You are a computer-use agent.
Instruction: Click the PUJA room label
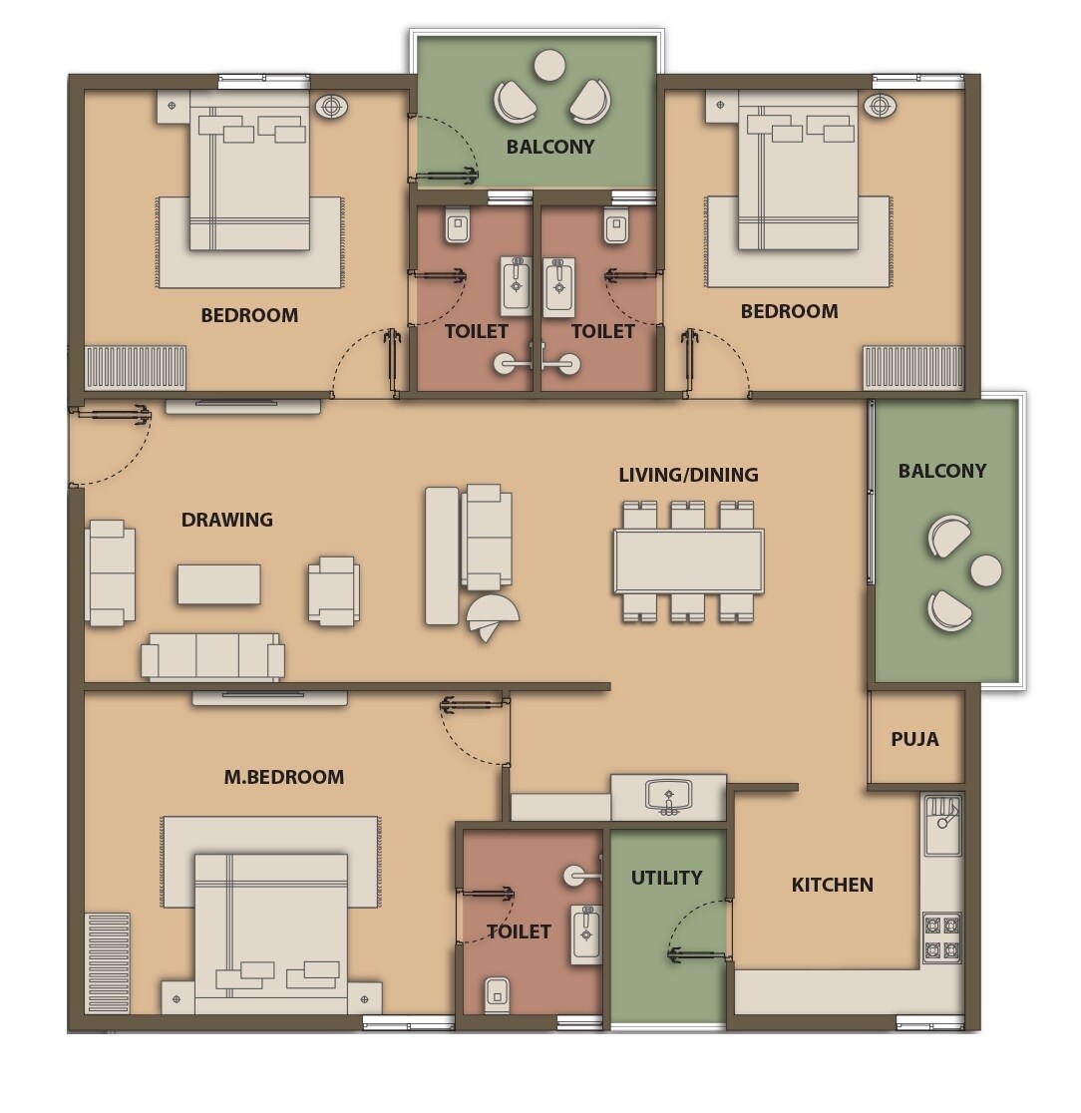click(914, 739)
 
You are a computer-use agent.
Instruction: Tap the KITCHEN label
click(832, 885)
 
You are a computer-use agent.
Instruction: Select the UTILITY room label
click(666, 878)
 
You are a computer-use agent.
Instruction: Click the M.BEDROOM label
click(283, 777)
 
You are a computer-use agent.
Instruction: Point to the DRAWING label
click(226, 520)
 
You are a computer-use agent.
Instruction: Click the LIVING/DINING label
click(688, 475)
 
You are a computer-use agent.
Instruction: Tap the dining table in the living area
click(689, 561)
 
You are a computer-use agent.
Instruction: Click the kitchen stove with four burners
click(941, 937)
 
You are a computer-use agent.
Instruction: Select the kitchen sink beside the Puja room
click(942, 825)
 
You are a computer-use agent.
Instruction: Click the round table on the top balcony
click(549, 66)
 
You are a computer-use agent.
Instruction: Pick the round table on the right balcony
click(986, 570)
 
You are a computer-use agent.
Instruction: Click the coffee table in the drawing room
click(219, 584)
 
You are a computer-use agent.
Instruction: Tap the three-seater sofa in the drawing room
click(212, 656)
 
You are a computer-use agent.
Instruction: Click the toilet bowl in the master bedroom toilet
click(497, 993)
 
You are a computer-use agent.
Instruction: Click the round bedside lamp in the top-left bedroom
click(331, 106)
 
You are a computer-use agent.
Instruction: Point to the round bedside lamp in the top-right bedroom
click(879, 105)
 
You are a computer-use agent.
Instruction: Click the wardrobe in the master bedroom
click(107, 962)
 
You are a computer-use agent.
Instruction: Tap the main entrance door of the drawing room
click(110, 445)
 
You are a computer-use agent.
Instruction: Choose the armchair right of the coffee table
click(334, 590)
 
